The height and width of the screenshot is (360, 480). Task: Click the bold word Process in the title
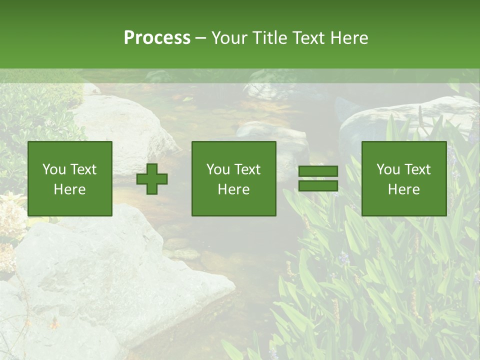click(x=157, y=38)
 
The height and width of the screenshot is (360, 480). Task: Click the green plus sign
click(x=152, y=179)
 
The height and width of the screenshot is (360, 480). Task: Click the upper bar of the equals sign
click(x=318, y=171)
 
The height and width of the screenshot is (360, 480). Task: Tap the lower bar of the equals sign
click(x=318, y=186)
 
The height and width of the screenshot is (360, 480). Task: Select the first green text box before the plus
click(x=69, y=178)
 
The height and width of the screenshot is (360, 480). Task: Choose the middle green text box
click(x=233, y=178)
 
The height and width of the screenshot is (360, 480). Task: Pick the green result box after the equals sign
click(x=403, y=178)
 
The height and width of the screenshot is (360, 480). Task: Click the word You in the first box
click(x=53, y=169)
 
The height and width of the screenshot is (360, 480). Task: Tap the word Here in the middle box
click(x=233, y=189)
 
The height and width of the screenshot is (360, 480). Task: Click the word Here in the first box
click(x=69, y=189)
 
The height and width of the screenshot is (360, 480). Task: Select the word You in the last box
click(x=387, y=169)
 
